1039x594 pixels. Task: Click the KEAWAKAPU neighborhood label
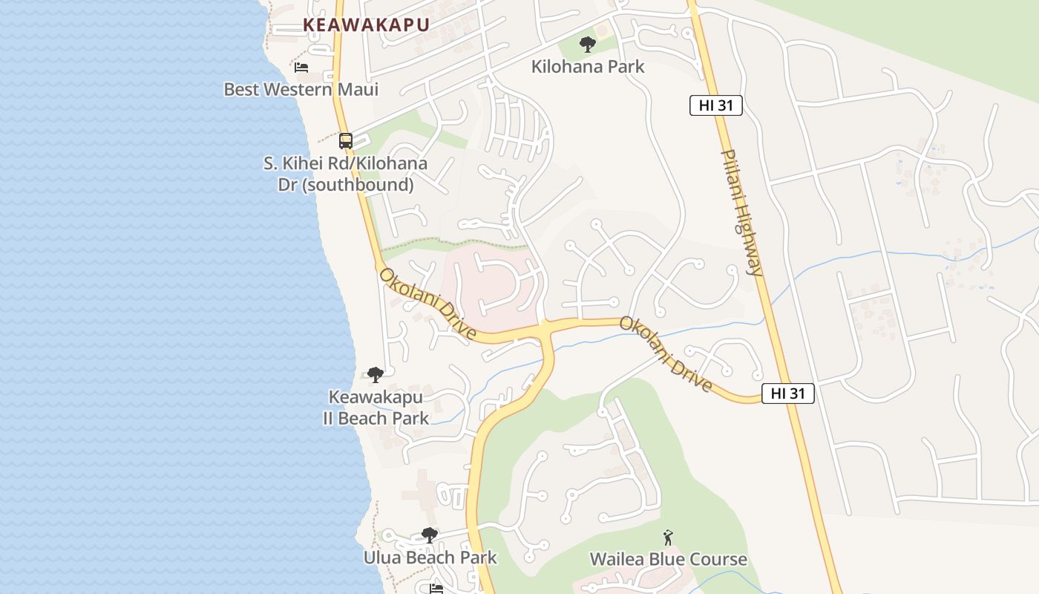click(366, 25)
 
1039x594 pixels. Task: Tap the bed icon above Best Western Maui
click(301, 68)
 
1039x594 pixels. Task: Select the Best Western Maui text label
click(301, 90)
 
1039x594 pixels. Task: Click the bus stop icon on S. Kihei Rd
click(346, 140)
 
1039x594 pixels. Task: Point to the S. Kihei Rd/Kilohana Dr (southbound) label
click(345, 174)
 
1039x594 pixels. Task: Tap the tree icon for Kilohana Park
click(588, 45)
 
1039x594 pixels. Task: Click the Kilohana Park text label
click(588, 67)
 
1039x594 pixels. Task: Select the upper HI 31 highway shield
click(716, 105)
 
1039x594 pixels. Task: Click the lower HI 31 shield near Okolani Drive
click(788, 394)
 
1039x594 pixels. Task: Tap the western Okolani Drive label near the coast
click(427, 304)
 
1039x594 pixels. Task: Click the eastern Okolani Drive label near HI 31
click(666, 354)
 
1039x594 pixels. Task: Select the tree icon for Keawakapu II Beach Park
click(376, 374)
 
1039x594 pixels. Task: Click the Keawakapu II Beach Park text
click(376, 408)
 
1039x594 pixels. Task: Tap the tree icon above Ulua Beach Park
click(429, 535)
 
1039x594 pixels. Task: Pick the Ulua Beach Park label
click(430, 557)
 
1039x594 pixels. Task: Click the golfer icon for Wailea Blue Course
click(668, 538)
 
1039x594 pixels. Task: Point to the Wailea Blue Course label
click(668, 559)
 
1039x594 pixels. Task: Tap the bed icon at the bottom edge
click(436, 589)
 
